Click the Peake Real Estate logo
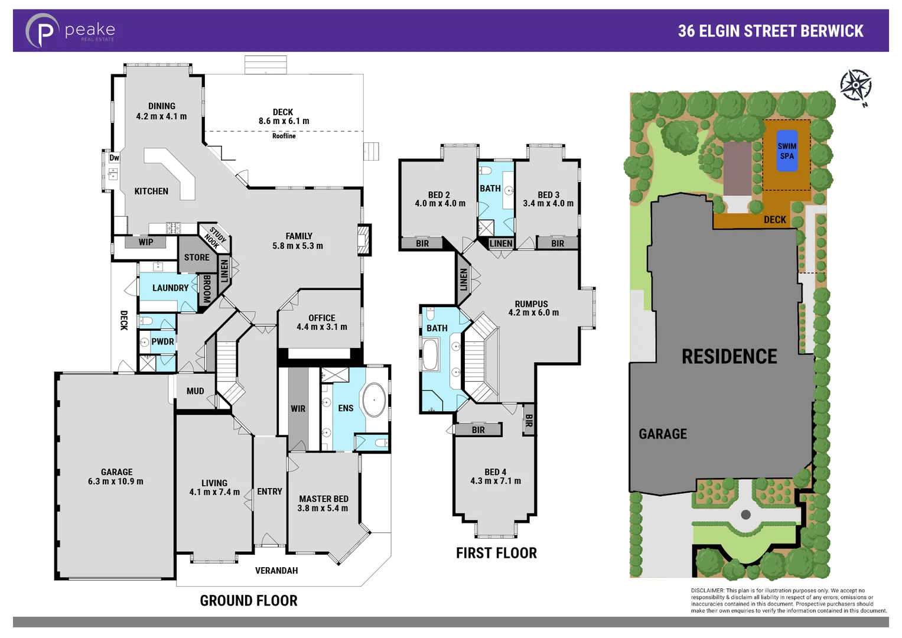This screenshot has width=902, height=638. tap(70, 31)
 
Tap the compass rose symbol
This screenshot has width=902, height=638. tap(855, 86)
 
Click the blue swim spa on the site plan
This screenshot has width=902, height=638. tap(786, 151)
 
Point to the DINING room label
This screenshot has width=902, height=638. tap(161, 106)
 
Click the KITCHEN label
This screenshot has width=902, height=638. tap(151, 191)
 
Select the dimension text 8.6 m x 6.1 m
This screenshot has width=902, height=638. tap(284, 121)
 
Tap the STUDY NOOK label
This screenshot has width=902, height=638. tap(215, 237)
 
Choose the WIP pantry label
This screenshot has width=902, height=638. tap(145, 242)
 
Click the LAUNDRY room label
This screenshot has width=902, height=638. tap(170, 288)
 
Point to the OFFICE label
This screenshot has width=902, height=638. tap(321, 318)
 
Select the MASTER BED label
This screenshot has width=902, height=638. tap(323, 499)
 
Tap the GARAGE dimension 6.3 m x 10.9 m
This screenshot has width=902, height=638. tap(116, 481)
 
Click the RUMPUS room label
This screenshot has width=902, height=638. tap(531, 304)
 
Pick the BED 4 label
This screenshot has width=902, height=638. tap(495, 472)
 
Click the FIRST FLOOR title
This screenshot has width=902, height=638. tap(496, 554)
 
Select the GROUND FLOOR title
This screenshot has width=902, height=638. tap(249, 601)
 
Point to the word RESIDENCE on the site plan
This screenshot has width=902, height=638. tap(729, 357)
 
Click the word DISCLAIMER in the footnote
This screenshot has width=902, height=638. tap(707, 591)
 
